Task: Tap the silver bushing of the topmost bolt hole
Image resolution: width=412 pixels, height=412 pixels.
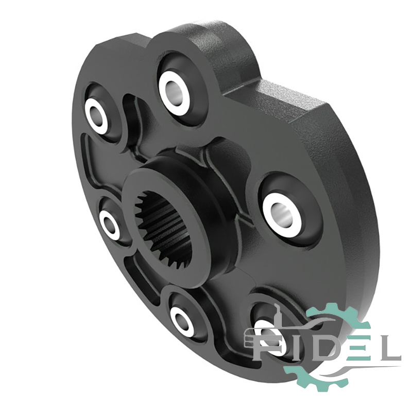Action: pos(174,91)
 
